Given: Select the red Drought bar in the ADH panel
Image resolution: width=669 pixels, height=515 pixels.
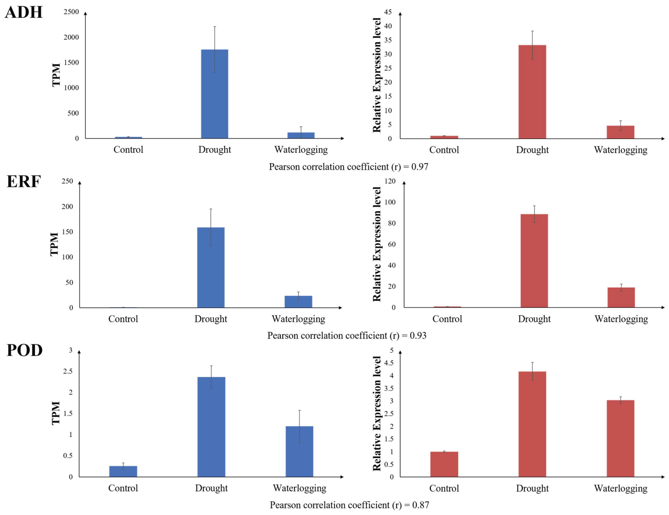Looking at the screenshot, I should tap(532, 92).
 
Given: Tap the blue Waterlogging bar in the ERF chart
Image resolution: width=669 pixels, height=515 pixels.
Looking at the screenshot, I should tap(298, 302).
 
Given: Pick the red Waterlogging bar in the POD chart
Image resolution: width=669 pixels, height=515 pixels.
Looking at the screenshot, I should tap(620, 438).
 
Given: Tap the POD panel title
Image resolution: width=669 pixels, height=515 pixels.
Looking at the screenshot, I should tap(25, 350).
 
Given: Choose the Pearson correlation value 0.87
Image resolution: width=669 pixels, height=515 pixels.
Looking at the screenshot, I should tap(420, 505).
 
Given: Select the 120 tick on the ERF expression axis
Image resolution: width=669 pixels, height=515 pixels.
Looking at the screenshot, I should tap(390, 181).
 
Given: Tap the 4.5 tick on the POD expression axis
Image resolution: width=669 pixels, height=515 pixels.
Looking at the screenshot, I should tap(389, 363).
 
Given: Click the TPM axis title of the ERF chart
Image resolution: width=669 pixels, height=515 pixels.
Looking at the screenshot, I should tap(54, 244).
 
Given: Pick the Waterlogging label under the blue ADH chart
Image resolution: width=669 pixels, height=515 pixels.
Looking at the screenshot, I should tap(301, 150).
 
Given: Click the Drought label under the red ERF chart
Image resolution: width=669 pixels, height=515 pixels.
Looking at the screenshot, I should tap(534, 319).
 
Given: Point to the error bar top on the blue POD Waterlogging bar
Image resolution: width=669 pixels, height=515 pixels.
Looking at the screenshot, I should tap(299, 410).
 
